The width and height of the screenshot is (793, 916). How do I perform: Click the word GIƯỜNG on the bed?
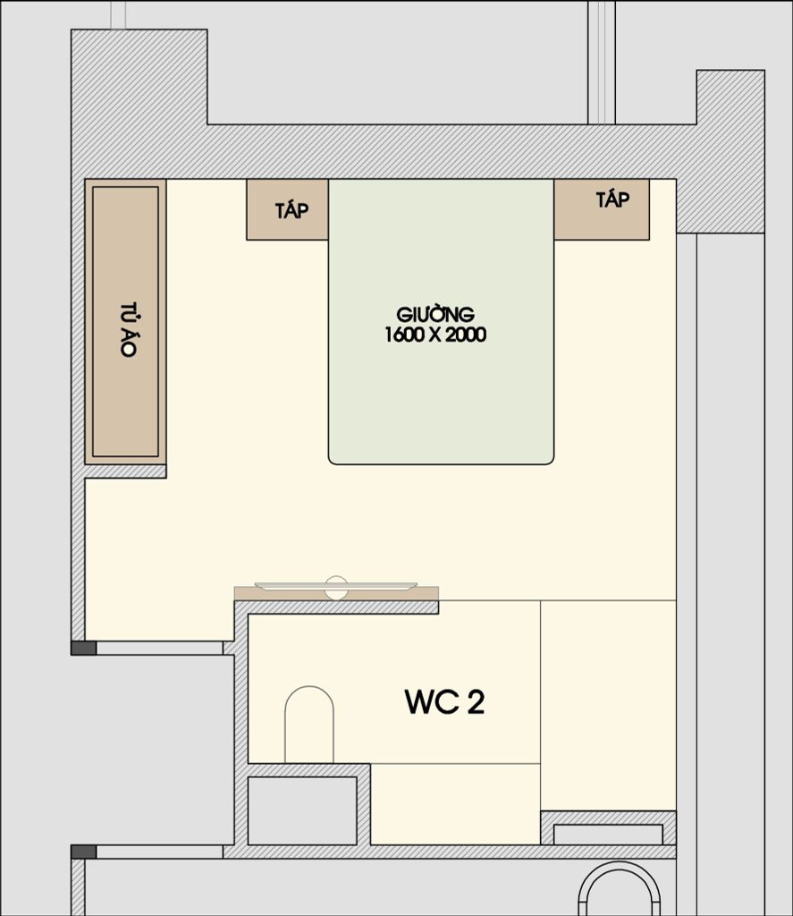click(435, 315)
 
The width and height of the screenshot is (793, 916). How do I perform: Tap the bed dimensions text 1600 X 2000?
click(435, 335)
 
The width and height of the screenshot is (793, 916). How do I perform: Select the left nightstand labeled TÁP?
click(287, 209)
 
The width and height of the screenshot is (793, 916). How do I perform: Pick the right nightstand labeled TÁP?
click(602, 209)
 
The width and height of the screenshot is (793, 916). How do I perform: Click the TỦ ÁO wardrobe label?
click(129, 329)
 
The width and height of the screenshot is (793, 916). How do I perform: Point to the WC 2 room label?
click(444, 701)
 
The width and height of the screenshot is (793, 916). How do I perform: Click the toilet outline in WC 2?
click(309, 725)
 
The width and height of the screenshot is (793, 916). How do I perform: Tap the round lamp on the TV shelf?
click(336, 588)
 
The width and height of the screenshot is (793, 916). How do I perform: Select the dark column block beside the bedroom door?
click(83, 648)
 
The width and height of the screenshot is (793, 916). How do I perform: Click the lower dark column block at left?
click(83, 852)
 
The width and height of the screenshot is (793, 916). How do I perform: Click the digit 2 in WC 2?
click(476, 701)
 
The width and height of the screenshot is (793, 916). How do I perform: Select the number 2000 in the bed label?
click(466, 335)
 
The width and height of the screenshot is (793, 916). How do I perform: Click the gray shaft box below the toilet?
click(302, 810)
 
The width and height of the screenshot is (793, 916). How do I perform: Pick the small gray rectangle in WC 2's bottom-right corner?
click(608, 835)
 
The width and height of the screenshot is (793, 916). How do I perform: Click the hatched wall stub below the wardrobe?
click(125, 471)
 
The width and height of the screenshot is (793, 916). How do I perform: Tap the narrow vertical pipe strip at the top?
click(602, 62)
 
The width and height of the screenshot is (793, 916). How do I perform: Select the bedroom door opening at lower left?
click(159, 648)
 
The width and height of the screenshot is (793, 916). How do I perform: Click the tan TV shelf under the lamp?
click(336, 594)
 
